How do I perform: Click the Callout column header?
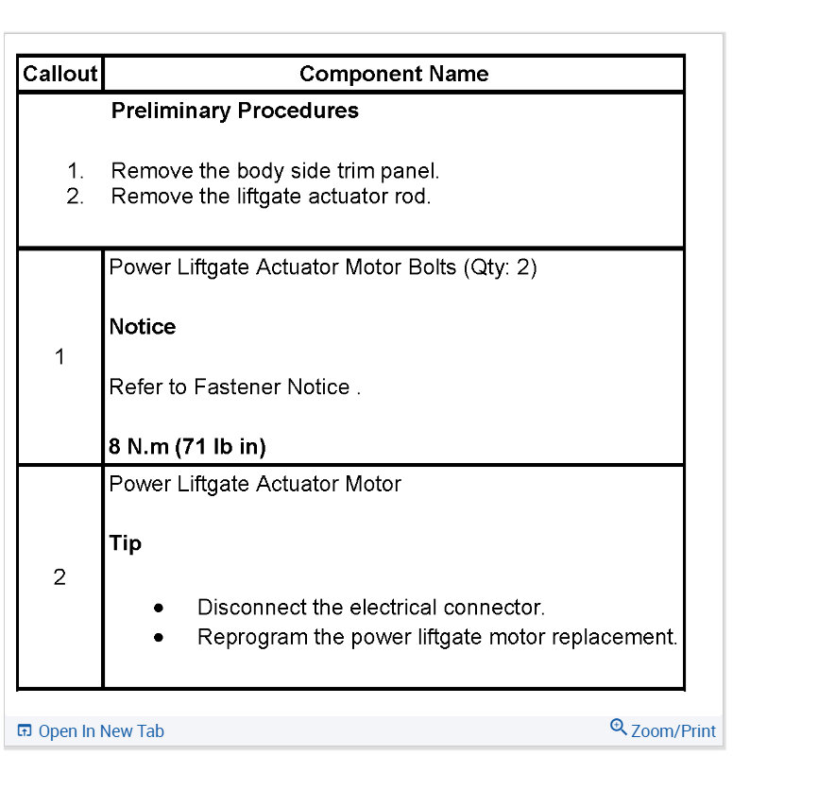(60, 74)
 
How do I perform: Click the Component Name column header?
(394, 74)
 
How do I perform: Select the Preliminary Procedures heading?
(235, 111)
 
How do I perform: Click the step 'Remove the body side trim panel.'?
(275, 171)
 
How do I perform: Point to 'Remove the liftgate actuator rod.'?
(270, 197)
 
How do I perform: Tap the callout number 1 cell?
(60, 357)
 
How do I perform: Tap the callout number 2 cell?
(60, 577)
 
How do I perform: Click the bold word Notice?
(143, 327)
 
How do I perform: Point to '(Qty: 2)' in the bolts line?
(500, 267)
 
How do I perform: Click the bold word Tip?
(126, 543)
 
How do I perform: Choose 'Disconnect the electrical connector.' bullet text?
(371, 608)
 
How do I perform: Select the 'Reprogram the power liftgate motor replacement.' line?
(437, 637)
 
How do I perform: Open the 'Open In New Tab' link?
(101, 731)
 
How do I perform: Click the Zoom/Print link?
(673, 731)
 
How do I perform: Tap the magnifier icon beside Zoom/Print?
(619, 727)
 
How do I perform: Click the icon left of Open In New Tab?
(25, 731)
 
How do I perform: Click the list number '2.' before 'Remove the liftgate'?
(76, 197)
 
